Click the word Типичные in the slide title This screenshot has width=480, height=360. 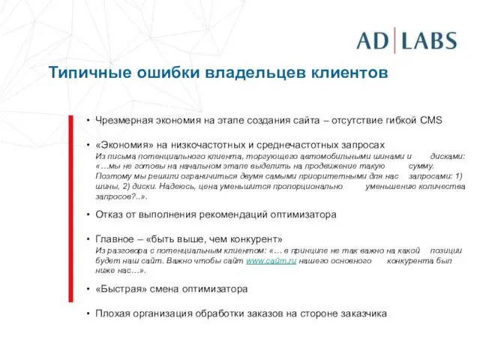coord(85,73)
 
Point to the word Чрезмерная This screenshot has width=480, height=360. coord(124,120)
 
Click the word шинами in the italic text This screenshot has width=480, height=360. coord(384,155)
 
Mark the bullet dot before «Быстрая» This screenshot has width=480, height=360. coord(88,289)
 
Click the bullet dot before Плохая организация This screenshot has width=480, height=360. coord(88,313)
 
